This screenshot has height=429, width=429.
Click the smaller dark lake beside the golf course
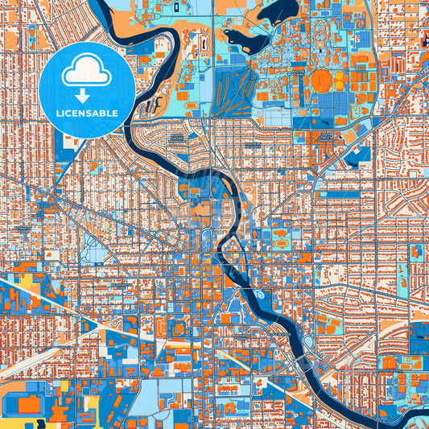coord(241,36)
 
